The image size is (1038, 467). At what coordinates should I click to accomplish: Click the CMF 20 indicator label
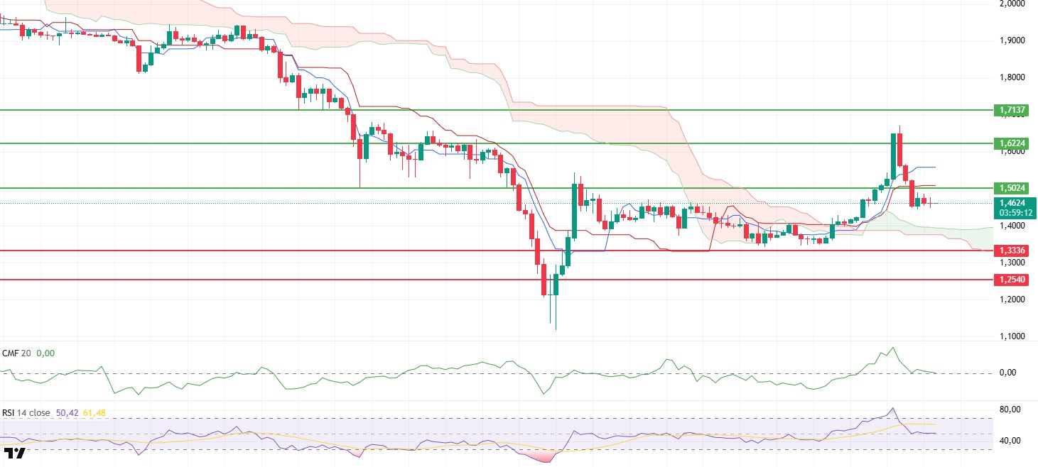(x=16, y=353)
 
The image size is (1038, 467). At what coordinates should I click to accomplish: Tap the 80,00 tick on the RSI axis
(x=1011, y=410)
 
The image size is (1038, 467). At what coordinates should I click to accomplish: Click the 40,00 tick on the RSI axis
(x=1011, y=441)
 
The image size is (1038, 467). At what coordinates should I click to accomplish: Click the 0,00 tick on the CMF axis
(x=1011, y=373)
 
